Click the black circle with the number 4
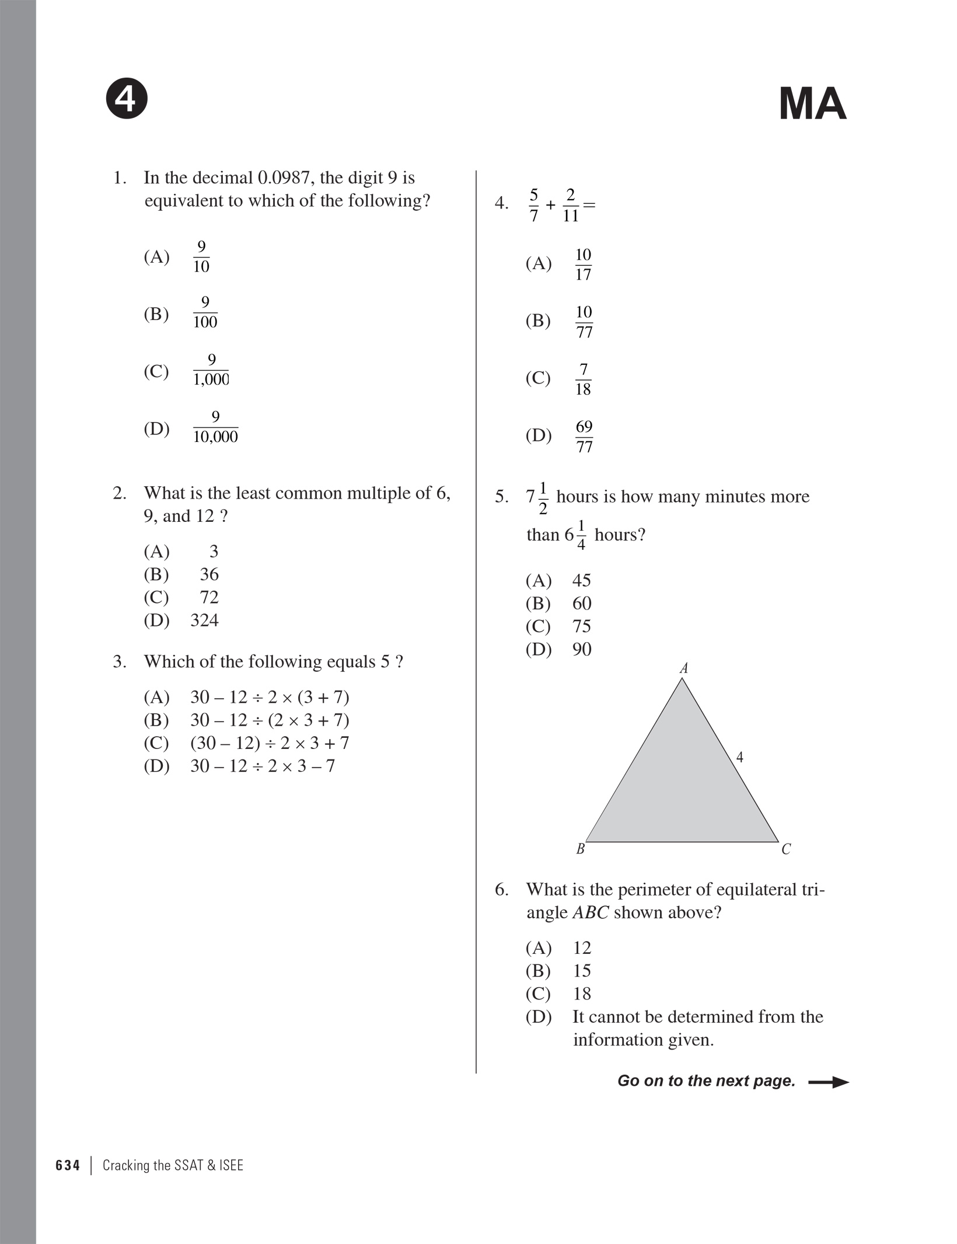pyautogui.click(x=127, y=99)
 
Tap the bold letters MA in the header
pyautogui.click(x=812, y=104)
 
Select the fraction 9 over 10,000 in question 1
pyautogui.click(x=215, y=427)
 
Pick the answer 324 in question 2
pyautogui.click(x=204, y=620)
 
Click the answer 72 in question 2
pyautogui.click(x=209, y=597)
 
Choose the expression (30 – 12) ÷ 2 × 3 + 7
pyautogui.click(x=270, y=743)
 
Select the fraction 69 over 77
pyautogui.click(x=584, y=437)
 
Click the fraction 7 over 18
pyautogui.click(x=583, y=379)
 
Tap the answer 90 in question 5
pyautogui.click(x=582, y=649)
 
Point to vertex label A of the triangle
pyautogui.click(x=684, y=668)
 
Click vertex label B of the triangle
pyautogui.click(x=580, y=849)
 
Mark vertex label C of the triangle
pyautogui.click(x=786, y=849)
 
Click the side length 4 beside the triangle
pyautogui.click(x=740, y=758)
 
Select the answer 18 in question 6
pyautogui.click(x=582, y=994)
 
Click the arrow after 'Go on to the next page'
pyautogui.click(x=829, y=1082)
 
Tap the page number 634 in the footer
pyautogui.click(x=68, y=1166)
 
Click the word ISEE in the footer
pyautogui.click(x=231, y=1166)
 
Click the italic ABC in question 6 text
pyautogui.click(x=591, y=912)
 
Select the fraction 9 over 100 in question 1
pyautogui.click(x=205, y=313)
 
